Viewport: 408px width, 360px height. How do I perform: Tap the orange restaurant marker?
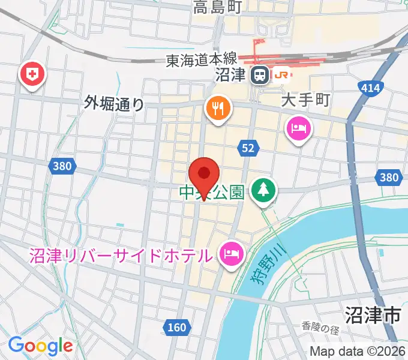pos(217,109)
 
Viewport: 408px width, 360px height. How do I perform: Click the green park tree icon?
pos(262,190)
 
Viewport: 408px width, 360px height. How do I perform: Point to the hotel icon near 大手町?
pos(298,128)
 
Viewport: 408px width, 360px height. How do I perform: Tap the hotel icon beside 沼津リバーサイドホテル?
pos(230,253)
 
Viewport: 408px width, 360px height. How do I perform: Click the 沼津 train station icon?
pos(259,75)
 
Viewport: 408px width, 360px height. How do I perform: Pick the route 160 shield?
pos(176,328)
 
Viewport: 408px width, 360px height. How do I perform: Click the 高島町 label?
pos(217,8)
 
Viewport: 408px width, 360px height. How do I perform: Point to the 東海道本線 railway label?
pos(201,60)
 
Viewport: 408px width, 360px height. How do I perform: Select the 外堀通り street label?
pos(115,104)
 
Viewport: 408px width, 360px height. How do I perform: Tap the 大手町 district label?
pos(306,100)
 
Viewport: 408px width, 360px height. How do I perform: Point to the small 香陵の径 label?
pos(321,329)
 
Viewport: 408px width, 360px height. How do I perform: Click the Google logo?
pos(40,346)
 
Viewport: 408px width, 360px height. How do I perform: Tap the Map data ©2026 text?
pos(358,352)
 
